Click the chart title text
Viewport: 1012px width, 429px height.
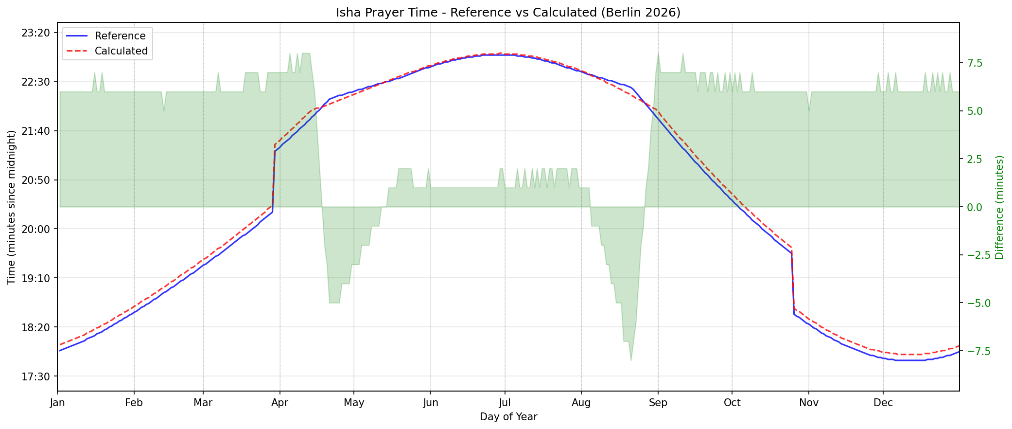[x=508, y=13]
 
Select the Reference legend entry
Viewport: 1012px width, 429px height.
[x=120, y=36]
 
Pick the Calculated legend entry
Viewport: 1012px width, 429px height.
[x=121, y=51]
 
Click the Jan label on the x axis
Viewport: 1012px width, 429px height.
[x=58, y=403]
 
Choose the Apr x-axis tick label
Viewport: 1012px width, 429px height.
[x=280, y=403]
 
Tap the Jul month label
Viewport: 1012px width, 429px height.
[x=505, y=403]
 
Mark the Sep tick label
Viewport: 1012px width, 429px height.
[x=658, y=403]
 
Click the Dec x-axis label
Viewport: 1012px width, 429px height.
[x=883, y=403]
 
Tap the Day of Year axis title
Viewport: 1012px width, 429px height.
[x=508, y=417]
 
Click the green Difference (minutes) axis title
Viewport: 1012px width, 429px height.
[x=999, y=207]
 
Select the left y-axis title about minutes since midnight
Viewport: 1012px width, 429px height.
[x=12, y=207]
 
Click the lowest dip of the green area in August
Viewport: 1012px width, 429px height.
[x=631, y=360]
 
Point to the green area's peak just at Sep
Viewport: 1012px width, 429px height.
[x=658, y=54]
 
